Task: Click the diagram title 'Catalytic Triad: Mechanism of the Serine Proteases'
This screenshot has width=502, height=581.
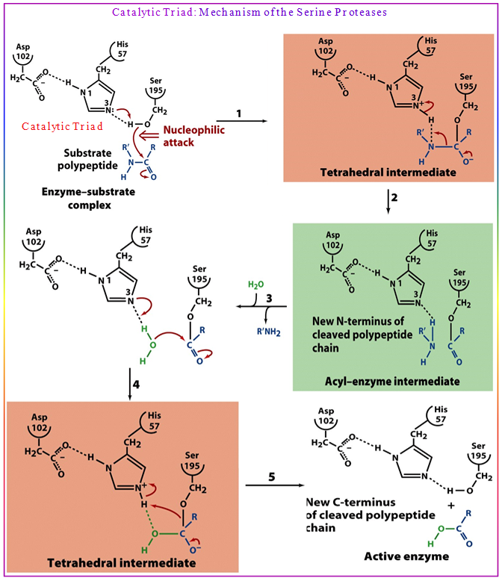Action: (x=250, y=13)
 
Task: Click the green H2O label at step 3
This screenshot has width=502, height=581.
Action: (x=255, y=286)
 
